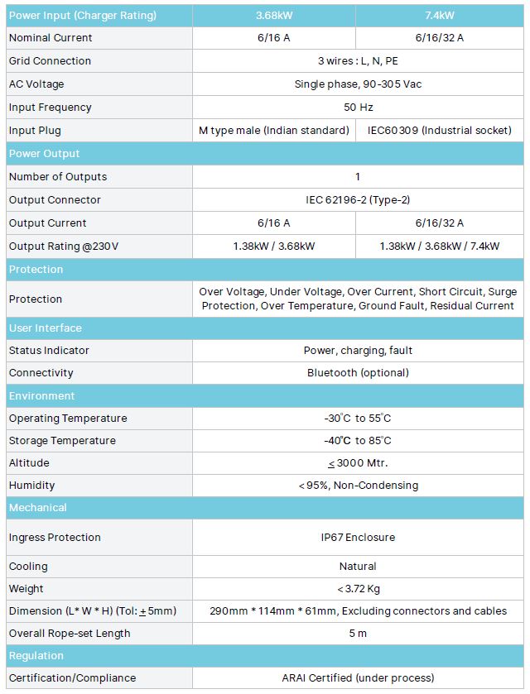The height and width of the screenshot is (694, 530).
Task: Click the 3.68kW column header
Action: pyautogui.click(x=274, y=16)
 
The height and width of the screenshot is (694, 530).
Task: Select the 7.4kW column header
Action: pyautogui.click(x=439, y=16)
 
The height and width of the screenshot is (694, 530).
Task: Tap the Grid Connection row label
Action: pyautogui.click(x=50, y=61)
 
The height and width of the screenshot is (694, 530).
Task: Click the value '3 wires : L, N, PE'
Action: pyautogui.click(x=358, y=61)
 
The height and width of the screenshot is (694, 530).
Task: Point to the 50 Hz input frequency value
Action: pyautogui.click(x=358, y=108)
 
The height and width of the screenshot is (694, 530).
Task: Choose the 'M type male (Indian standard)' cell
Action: pyautogui.click(x=274, y=131)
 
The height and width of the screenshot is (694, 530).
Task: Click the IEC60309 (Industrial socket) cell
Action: pyautogui.click(x=439, y=131)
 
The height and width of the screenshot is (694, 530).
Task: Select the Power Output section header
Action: pyautogui.click(x=44, y=154)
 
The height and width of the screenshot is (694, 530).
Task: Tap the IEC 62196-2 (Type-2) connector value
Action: pyautogui.click(x=358, y=200)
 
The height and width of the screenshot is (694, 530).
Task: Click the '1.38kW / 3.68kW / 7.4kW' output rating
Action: pyautogui.click(x=439, y=246)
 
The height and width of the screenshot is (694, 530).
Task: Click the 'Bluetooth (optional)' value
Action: pyautogui.click(x=358, y=373)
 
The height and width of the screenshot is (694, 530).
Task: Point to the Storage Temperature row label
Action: pyautogui.click(x=62, y=441)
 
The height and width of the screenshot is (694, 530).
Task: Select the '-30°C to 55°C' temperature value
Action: pyautogui.click(x=358, y=419)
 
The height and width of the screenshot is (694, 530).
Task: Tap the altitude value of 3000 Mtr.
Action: pyautogui.click(x=358, y=463)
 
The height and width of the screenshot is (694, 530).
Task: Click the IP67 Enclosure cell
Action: pyautogui.click(x=358, y=538)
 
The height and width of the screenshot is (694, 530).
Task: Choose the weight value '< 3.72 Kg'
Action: pyautogui.click(x=358, y=589)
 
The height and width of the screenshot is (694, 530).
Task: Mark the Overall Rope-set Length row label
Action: pyautogui.click(x=70, y=634)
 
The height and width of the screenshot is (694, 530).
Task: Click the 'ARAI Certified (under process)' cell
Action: pyautogui.click(x=358, y=678)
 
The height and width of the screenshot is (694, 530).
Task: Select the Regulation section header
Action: pyautogui.click(x=36, y=656)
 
